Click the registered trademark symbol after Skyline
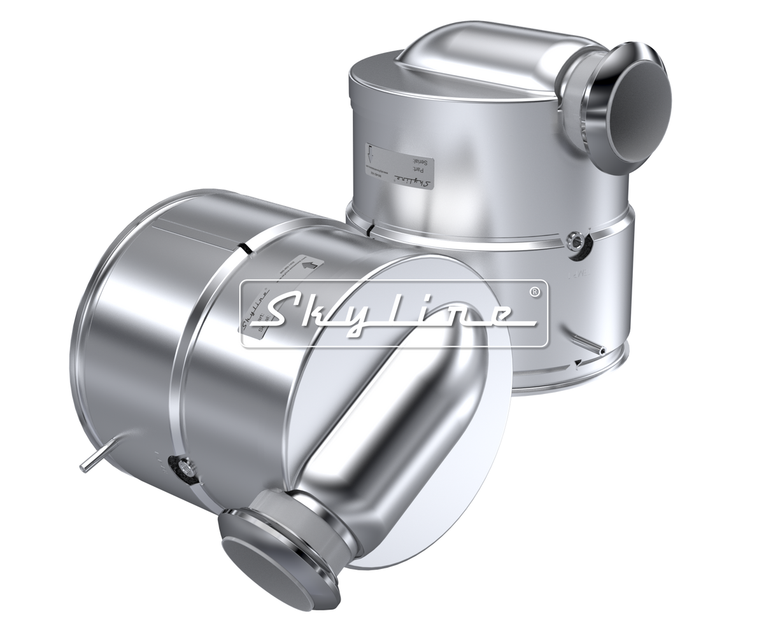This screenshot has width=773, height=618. click(535, 291)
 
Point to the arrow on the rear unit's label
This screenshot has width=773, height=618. click(372, 153)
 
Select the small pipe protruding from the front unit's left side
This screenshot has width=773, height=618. click(89, 460)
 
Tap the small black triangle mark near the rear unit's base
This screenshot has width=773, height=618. click(576, 363)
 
